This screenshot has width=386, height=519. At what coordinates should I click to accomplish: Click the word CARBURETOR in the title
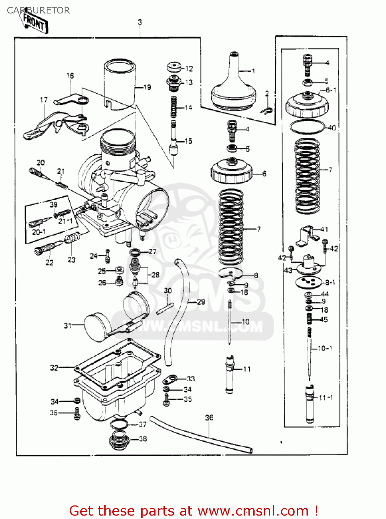[x=38, y=10]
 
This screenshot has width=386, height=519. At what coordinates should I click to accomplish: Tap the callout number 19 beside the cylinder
[x=147, y=87]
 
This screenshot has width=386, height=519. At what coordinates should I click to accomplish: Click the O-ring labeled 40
[x=307, y=127]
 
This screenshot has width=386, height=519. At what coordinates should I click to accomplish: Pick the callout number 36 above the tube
[x=209, y=418]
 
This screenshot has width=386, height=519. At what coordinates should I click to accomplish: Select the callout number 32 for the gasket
[x=54, y=368]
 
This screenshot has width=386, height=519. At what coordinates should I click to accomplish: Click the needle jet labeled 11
[x=230, y=375]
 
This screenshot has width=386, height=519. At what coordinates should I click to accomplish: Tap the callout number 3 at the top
[x=140, y=22]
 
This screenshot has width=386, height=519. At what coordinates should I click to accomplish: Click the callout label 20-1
[x=39, y=231]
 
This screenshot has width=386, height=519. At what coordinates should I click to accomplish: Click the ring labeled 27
[x=135, y=252]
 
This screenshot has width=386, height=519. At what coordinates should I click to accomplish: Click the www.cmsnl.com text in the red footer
[x=253, y=511]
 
